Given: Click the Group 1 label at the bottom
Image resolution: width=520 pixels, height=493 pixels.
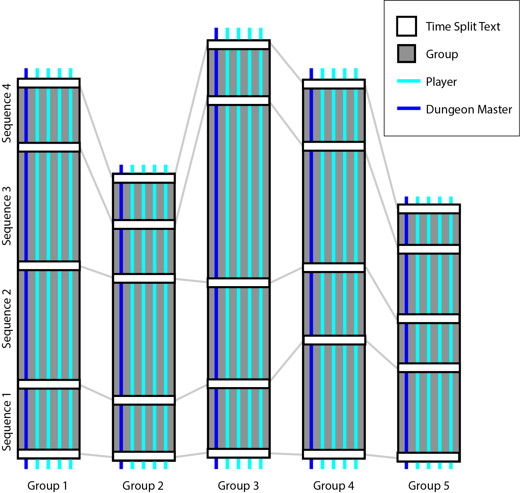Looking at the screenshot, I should click(47, 485).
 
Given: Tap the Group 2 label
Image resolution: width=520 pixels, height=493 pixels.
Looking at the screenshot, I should click(143, 485).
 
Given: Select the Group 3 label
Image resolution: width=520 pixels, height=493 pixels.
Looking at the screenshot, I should click(238, 485).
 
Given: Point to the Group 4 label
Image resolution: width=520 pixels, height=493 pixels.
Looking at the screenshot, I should click(334, 485).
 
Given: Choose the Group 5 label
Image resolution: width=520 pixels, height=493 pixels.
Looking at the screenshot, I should click(429, 485).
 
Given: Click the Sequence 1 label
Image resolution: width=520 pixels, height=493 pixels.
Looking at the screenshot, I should click(7, 422).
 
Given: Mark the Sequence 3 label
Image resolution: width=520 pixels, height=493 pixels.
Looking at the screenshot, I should click(7, 216).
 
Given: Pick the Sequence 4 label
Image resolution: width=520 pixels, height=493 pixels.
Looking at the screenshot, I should click(7, 113).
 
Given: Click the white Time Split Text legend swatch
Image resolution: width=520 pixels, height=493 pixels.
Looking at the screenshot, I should click(407, 26).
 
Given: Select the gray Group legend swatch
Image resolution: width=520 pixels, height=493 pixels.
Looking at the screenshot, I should click(407, 54).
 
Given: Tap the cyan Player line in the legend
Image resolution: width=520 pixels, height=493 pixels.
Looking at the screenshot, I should click(409, 81).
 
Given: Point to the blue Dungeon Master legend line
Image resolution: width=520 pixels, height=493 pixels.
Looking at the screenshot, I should click(409, 108).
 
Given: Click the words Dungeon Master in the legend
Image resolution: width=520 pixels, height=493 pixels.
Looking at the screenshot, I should click(469, 109).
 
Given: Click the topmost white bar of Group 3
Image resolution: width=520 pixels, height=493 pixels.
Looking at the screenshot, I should click(238, 45).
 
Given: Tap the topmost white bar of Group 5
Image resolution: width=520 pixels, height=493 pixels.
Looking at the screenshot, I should click(429, 209).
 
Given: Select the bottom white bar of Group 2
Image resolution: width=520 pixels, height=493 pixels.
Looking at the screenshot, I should click(144, 456).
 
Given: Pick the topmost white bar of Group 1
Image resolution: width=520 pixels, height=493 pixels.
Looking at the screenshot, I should click(49, 83).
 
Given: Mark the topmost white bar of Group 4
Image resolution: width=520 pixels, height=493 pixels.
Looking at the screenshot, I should click(334, 84).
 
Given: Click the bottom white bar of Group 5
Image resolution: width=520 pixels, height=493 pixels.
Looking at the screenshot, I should click(428, 457).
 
